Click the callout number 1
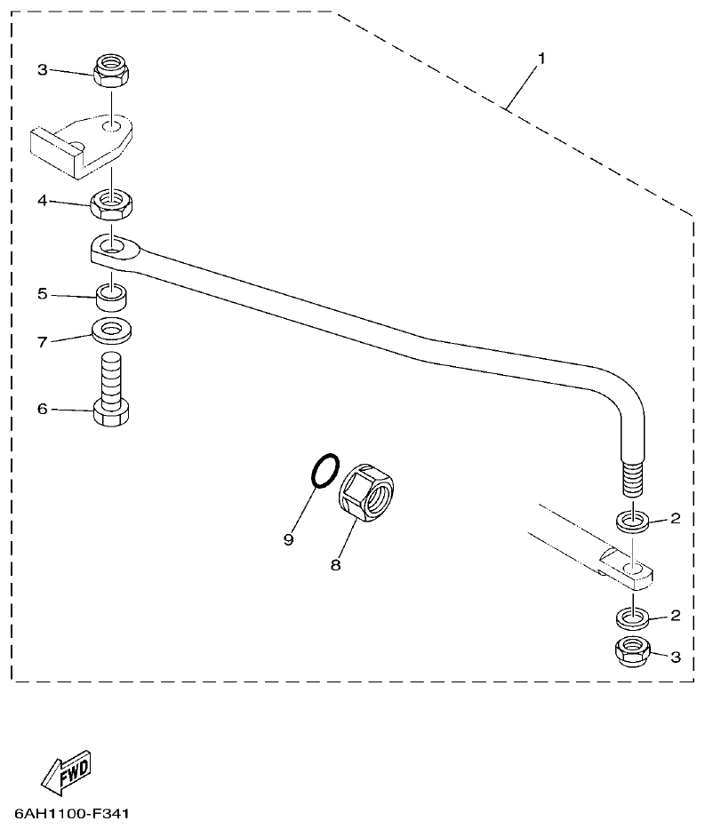tap(541, 58)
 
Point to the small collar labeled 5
tap(111, 295)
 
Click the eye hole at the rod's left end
tap(111, 243)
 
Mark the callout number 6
tap(42, 409)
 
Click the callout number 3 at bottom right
tap(676, 658)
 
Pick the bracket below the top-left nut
tap(84, 141)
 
